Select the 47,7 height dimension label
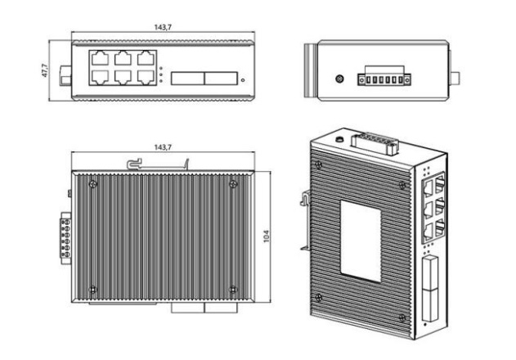pyautogui.click(x=45, y=70)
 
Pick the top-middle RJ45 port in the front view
pyautogui.click(x=124, y=59)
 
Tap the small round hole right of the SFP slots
pyautogui.click(x=243, y=80)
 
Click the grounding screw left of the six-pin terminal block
pyautogui.click(x=339, y=79)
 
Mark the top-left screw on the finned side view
pyautogui.click(x=92, y=182)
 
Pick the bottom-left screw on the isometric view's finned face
pyautogui.click(x=320, y=295)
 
